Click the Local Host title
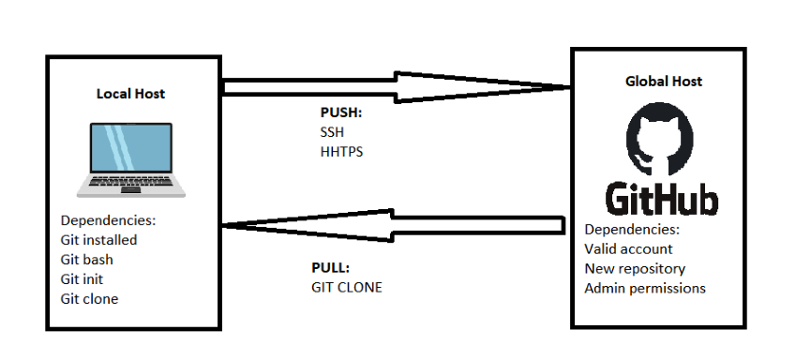pos(130,94)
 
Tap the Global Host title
pos(663,82)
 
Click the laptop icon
pos(130,158)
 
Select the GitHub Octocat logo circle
pos(662,141)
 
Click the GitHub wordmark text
pos(662,200)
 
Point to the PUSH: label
pos(341,113)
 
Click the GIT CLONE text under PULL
pos(346,287)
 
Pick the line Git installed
pos(98,240)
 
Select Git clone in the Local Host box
pos(90,299)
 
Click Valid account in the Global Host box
pos(628,249)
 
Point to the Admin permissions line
pos(644,289)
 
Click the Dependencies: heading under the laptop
pos(108,221)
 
